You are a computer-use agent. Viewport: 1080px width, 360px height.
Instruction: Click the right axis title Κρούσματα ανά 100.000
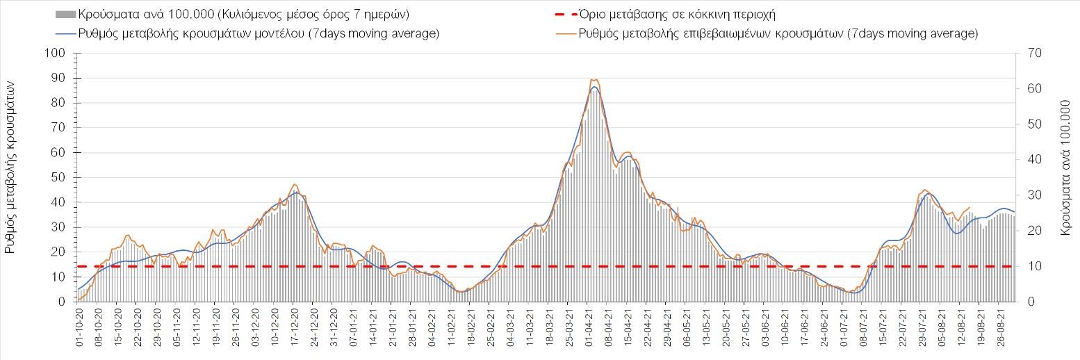pyautogui.click(x=1065, y=175)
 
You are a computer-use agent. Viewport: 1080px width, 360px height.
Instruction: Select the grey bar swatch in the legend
pyautogui.click(x=66, y=14)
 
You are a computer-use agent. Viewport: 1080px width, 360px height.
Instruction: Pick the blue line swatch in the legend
pyautogui.click(x=66, y=33)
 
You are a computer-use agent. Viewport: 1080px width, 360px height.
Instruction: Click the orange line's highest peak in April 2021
pyautogui.click(x=593, y=79)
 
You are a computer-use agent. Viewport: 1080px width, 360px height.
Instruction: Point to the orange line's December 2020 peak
pyautogui.click(x=295, y=184)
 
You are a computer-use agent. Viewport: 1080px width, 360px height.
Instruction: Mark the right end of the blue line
pyautogui.click(x=1015, y=212)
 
